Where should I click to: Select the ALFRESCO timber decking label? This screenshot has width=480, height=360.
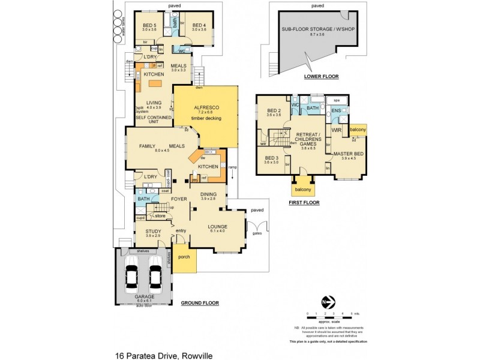click(x=206, y=112)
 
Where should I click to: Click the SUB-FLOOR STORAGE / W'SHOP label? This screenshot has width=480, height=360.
click(x=311, y=31)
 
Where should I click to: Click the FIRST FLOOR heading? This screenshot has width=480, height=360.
click(x=304, y=203)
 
